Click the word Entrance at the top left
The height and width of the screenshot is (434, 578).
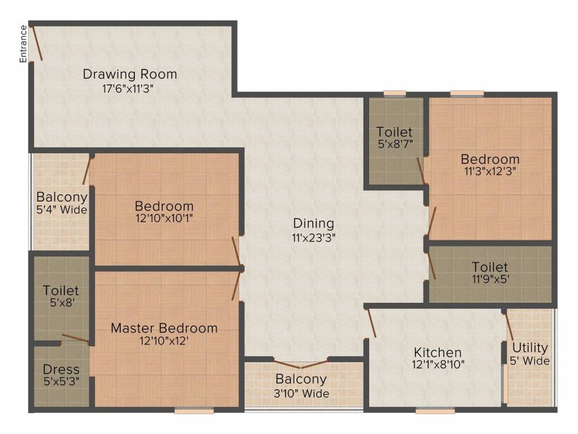23,44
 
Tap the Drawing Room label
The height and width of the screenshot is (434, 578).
130,74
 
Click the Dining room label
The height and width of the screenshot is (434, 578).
313,223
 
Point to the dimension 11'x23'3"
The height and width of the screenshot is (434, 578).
313,237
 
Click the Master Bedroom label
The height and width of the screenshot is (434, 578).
164,328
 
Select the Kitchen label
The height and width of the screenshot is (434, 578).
437,353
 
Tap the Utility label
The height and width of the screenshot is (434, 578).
530,347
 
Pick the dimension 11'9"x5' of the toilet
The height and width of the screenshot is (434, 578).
490,280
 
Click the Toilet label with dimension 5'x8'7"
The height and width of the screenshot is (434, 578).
395,132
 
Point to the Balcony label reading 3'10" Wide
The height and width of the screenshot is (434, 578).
301,379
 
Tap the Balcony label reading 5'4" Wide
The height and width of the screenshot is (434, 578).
62,197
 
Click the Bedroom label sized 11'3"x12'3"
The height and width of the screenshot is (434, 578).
489,159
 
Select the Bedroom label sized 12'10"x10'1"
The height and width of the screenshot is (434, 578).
164,206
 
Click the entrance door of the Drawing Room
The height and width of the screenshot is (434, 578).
36,42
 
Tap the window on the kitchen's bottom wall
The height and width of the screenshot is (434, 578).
435,411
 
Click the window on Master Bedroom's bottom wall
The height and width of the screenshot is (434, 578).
194,411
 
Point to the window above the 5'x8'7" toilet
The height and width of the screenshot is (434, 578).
395,93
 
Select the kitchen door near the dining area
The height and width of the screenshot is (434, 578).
371,323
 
